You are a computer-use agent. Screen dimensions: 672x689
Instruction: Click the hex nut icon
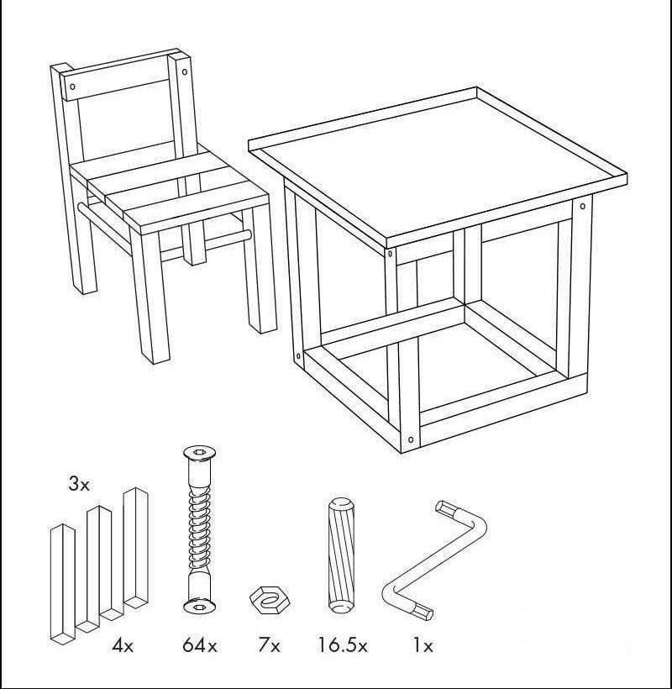(270, 600)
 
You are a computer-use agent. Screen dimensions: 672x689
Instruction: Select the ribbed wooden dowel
(341, 555)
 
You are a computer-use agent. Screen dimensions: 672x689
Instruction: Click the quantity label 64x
(200, 645)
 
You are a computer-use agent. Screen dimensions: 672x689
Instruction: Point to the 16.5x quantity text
(343, 645)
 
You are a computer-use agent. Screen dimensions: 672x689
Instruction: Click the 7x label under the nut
(269, 645)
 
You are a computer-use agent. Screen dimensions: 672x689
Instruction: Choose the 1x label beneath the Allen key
(422, 645)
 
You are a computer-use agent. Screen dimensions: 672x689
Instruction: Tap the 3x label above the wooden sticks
(79, 484)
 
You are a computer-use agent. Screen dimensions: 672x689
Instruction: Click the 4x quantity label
(123, 645)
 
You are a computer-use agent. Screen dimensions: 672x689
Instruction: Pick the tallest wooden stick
(136, 547)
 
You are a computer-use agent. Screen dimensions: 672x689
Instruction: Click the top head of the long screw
(199, 453)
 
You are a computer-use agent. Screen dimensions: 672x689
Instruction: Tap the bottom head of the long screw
(199, 607)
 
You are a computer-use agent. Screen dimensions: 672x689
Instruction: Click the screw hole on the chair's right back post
(185, 71)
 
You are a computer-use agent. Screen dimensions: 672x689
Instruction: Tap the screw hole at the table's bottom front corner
(411, 439)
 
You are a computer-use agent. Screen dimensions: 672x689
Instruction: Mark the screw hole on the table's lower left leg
(299, 356)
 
